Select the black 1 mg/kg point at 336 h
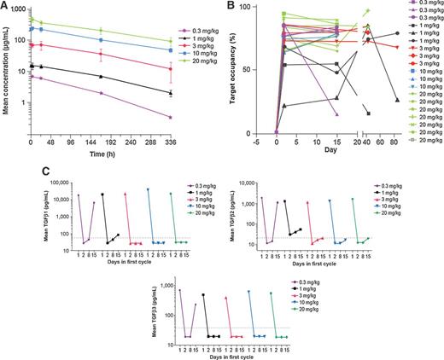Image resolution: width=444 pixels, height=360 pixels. [x=195, y=92]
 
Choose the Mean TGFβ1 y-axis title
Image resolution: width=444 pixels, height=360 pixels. [x=46, y=219]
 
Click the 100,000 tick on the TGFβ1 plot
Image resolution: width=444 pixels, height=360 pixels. [x=61, y=183]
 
